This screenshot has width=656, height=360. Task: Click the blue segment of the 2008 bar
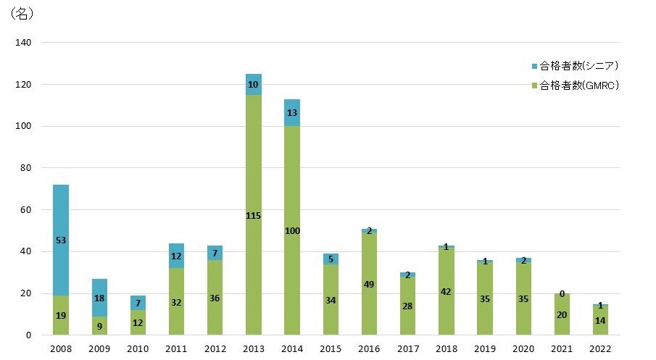click(61, 217)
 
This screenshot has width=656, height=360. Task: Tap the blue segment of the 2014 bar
click(292, 112)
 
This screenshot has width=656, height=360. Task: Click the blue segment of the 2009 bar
click(99, 297)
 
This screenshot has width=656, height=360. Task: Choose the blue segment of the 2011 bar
click(176, 256)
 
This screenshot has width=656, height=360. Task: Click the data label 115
click(254, 215)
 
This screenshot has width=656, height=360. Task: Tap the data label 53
click(61, 240)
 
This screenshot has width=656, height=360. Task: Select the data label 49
click(370, 264)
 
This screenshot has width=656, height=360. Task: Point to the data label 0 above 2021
click(562, 293)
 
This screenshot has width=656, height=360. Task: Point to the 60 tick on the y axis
click(25, 210)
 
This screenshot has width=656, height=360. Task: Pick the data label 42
click(447, 290)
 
